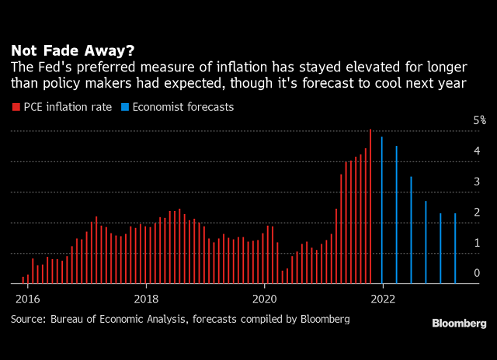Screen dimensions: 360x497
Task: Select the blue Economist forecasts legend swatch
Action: pyautogui.click(x=127, y=107)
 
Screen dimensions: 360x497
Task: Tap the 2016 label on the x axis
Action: pyautogui.click(x=27, y=298)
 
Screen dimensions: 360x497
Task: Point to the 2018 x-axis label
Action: pyautogui.click(x=146, y=298)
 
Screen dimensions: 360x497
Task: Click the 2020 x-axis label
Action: pyautogui.click(x=265, y=298)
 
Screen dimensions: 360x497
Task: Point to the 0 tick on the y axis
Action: pyautogui.click(x=478, y=273)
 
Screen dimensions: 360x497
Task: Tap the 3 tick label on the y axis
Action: pyautogui.click(x=478, y=182)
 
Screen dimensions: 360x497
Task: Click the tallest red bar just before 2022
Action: pyautogui.click(x=370, y=206)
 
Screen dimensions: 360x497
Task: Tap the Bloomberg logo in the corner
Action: pyautogui.click(x=460, y=323)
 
